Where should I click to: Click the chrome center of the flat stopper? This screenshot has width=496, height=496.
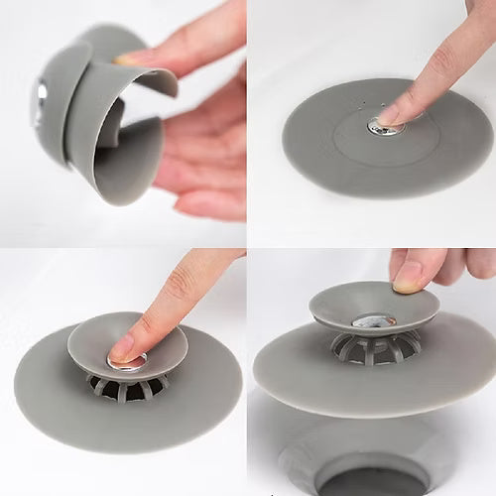pyautogui.click(x=380, y=125)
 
